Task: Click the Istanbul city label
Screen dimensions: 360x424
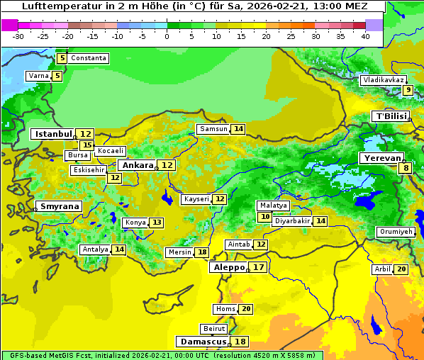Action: click(x=54, y=134)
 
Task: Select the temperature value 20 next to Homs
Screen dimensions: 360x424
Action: click(x=246, y=309)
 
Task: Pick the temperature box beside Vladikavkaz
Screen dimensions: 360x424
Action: click(x=408, y=90)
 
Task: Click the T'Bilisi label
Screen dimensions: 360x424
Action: click(x=391, y=116)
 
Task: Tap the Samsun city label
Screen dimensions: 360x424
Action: click(x=213, y=129)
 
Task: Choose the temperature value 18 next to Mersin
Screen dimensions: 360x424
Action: click(x=202, y=252)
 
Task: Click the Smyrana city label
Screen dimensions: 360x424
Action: click(x=60, y=207)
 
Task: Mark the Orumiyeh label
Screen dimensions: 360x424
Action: click(x=395, y=232)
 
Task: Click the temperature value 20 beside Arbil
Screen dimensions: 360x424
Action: click(x=401, y=269)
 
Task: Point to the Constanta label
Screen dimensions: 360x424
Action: click(x=89, y=58)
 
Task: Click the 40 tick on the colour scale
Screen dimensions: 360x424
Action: click(x=365, y=36)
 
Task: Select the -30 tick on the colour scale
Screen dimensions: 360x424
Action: click(x=18, y=36)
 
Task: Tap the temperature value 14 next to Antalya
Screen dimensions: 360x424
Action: click(x=119, y=249)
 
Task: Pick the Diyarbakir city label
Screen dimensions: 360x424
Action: click(x=292, y=221)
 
